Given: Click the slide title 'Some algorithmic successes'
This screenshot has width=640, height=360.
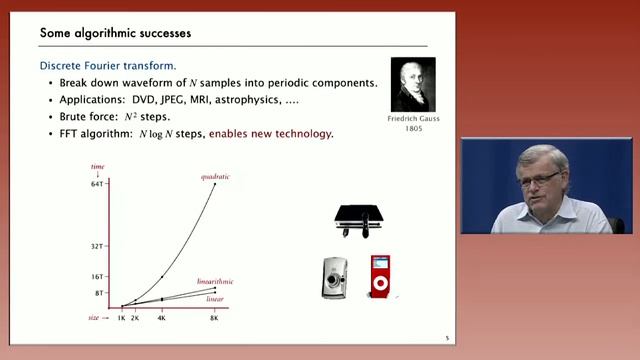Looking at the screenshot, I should point(115,33).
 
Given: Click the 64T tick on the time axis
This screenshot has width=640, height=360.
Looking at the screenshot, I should point(97,185).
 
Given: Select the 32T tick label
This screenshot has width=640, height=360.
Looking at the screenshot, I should point(97,245).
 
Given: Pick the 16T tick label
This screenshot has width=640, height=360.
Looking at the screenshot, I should point(97,276).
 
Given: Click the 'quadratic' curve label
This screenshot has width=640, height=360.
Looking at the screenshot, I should point(215,177).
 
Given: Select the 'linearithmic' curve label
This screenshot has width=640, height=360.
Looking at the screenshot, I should point(215,283).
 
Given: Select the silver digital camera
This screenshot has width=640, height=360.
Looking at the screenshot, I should point(335,279).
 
